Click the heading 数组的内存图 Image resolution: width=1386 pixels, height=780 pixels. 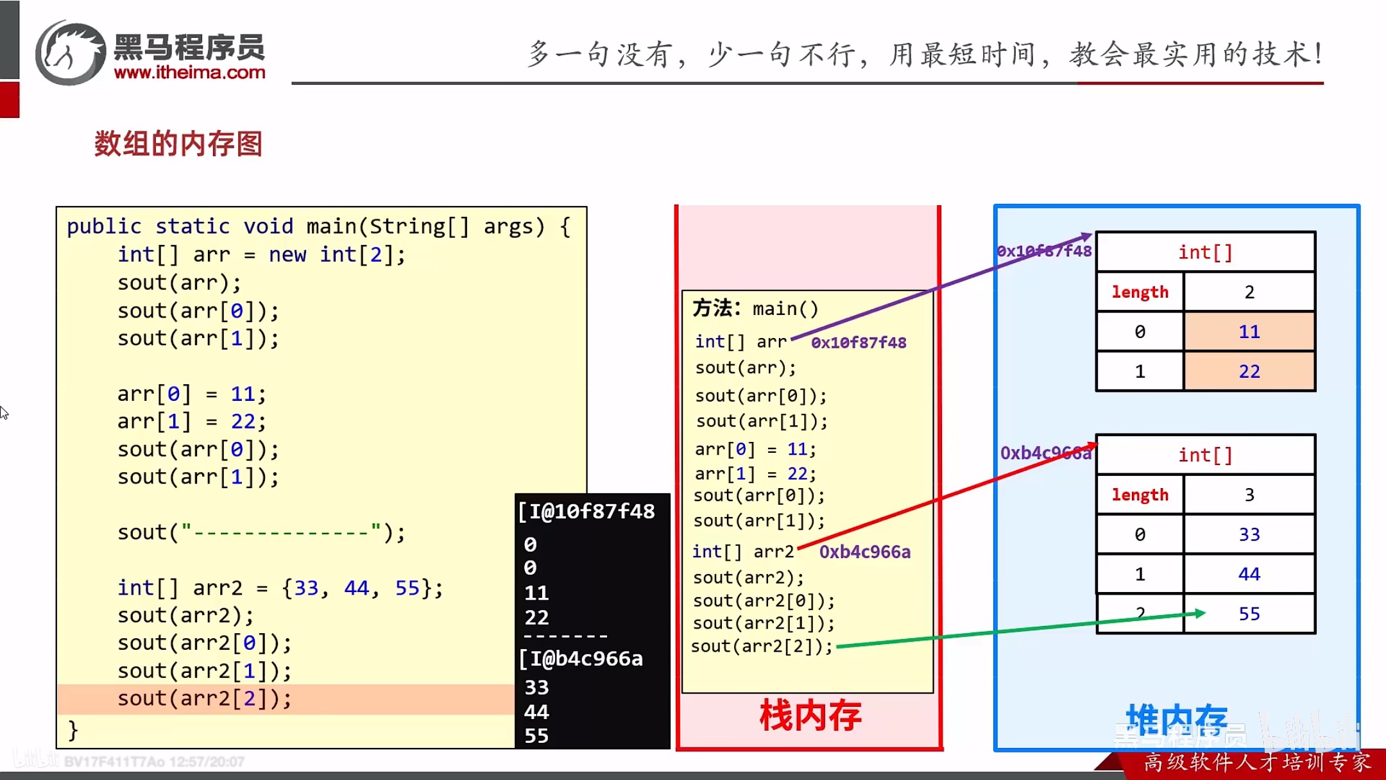(178, 144)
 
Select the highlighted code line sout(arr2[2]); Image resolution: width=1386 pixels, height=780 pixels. (204, 699)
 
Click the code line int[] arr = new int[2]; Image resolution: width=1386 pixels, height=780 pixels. (261, 255)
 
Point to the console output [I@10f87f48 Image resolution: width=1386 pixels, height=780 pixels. (586, 511)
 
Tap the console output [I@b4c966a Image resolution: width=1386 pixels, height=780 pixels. (581, 659)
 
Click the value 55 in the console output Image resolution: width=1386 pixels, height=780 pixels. (536, 736)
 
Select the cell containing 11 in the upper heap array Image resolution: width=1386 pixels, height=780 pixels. (1249, 332)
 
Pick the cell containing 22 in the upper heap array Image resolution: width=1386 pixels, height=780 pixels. (1249, 371)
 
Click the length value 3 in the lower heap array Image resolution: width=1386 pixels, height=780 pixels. (1249, 495)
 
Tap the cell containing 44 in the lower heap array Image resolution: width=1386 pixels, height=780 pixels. (1249, 574)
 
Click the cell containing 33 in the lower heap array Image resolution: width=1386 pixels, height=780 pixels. (1249, 534)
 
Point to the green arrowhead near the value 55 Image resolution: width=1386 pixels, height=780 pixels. (1199, 613)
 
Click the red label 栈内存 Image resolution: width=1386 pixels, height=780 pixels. (810, 716)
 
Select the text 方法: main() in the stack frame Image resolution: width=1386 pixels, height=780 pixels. (755, 309)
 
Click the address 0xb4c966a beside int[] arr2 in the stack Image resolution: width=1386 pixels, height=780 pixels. (864, 552)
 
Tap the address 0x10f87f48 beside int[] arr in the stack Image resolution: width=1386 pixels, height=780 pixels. (859, 343)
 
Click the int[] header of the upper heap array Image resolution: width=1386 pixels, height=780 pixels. (1205, 252)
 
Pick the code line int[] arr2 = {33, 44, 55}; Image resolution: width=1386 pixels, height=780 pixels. (280, 588)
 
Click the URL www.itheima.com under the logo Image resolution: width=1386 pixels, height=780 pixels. (189, 72)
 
